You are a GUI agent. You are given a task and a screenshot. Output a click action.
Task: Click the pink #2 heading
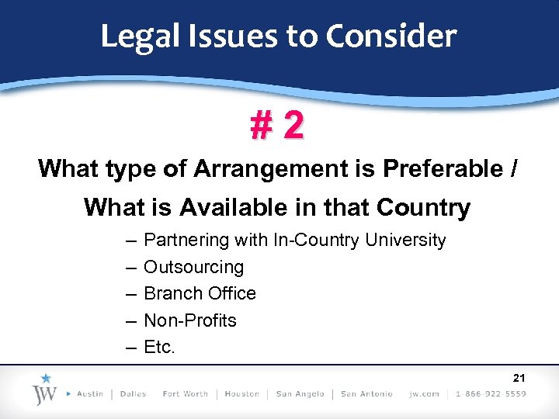(277, 126)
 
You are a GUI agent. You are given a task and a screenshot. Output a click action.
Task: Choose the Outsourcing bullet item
(193, 267)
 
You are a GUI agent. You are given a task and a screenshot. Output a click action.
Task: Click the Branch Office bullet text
(200, 293)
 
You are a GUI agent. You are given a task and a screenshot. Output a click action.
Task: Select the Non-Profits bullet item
(190, 320)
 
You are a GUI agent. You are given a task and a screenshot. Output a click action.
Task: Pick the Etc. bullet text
(160, 347)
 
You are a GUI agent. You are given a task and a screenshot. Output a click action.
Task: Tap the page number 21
(519, 378)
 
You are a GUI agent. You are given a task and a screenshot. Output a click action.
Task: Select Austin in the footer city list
(90, 394)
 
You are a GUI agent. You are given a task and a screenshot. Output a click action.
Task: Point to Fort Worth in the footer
(185, 394)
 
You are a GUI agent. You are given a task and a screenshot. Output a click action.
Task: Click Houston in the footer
(241, 394)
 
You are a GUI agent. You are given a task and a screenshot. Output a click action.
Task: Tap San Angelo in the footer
(299, 394)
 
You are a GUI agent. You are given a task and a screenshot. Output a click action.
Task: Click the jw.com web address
(424, 394)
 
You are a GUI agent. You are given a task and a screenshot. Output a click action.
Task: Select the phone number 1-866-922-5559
(491, 394)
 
